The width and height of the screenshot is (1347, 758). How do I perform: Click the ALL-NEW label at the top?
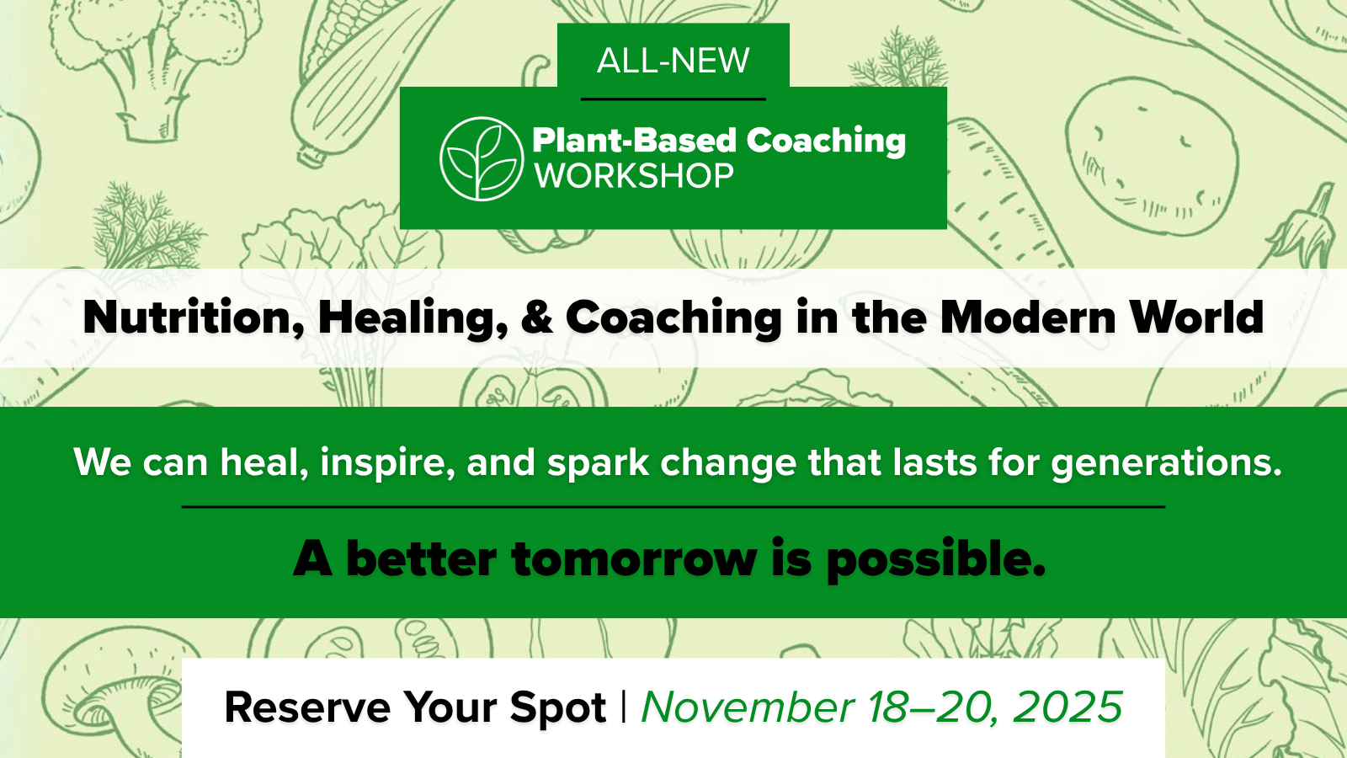(673, 61)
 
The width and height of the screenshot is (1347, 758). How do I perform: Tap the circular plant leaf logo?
(481, 158)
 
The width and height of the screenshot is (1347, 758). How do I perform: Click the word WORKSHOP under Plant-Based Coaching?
(634, 176)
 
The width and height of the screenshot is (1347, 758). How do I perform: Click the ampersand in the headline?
(536, 317)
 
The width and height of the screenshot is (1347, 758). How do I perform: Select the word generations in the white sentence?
(1166, 463)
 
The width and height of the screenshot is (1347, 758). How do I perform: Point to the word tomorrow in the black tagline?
(634, 559)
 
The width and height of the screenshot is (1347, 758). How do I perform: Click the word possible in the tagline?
(935, 560)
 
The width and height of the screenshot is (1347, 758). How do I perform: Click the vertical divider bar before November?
(623, 707)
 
